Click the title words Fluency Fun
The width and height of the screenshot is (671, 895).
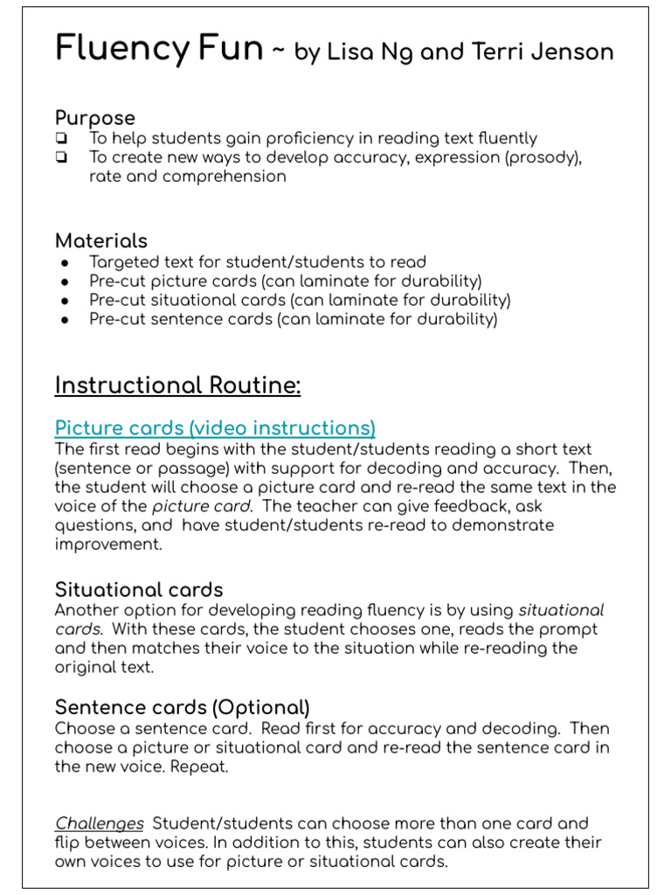coord(159,49)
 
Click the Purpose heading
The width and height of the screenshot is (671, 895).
coord(95,118)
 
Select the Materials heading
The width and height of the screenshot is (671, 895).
coord(101,241)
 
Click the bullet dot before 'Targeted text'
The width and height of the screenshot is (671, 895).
coord(65,263)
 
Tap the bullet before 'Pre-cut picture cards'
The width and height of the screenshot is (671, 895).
coord(65,282)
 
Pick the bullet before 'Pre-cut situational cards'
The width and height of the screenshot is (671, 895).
coord(65,302)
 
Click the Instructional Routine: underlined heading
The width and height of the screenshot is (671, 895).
coord(177,385)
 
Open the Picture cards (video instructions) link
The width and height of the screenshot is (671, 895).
coord(215,428)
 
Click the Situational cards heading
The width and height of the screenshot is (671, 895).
coord(139,589)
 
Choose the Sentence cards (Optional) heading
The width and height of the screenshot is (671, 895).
coord(183,707)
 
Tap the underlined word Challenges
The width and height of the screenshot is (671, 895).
coord(100,823)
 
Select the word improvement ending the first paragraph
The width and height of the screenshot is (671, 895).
coord(109,544)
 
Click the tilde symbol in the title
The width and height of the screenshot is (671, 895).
coord(278,52)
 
